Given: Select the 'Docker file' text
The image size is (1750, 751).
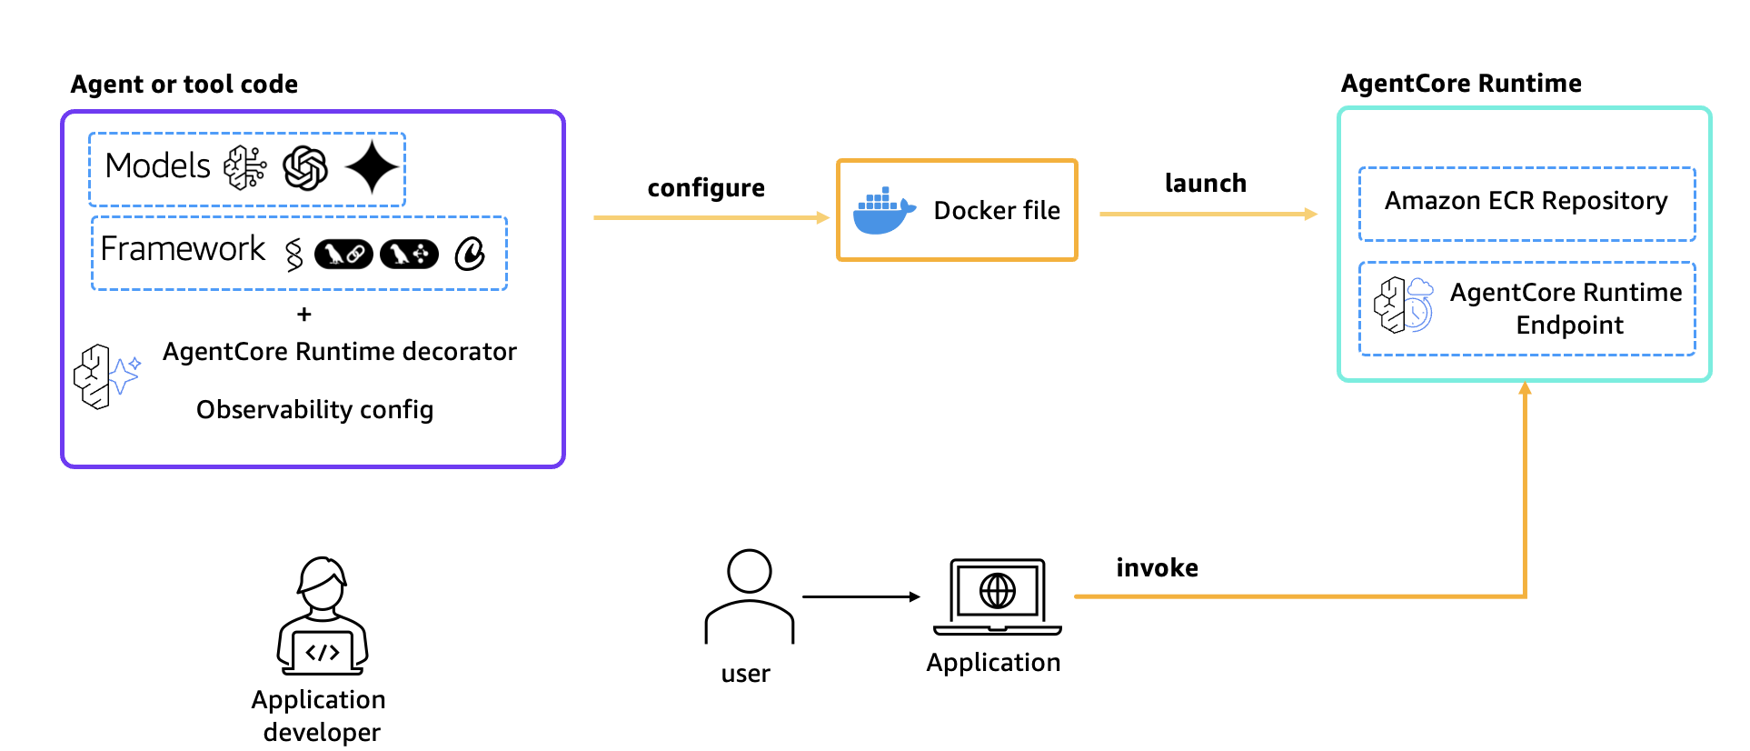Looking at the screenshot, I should pos(997,211).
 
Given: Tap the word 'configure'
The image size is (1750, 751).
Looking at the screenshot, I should pos(706,188).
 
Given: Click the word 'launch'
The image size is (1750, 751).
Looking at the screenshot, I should pos(1205,184).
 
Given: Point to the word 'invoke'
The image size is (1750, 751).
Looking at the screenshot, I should pos(1157,568).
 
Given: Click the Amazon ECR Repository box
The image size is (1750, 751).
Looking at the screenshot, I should pos(1526,202).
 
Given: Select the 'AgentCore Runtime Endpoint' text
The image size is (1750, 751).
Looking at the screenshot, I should pos(1566,309).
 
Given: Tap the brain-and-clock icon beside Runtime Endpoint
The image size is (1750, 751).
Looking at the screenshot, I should pos(1403,305).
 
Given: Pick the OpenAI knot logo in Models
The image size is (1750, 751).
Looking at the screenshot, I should pos(305,168).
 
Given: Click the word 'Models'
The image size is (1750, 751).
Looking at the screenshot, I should pos(157,166).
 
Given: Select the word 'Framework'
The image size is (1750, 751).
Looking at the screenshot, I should pos(183,249).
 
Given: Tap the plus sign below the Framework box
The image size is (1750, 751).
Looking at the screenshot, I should pos(304,315).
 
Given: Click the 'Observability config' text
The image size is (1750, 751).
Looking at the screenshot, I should pos(314,410).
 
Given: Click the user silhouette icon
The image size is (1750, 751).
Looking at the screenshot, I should pos(750,596).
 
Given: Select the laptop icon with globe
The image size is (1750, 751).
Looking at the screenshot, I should pos(997,596).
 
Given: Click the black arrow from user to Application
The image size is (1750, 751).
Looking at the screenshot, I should pos(860,597).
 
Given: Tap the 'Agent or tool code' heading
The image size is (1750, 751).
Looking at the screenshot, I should pos(184,85).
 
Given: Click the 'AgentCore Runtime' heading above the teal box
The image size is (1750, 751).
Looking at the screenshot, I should pos(1460,84).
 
